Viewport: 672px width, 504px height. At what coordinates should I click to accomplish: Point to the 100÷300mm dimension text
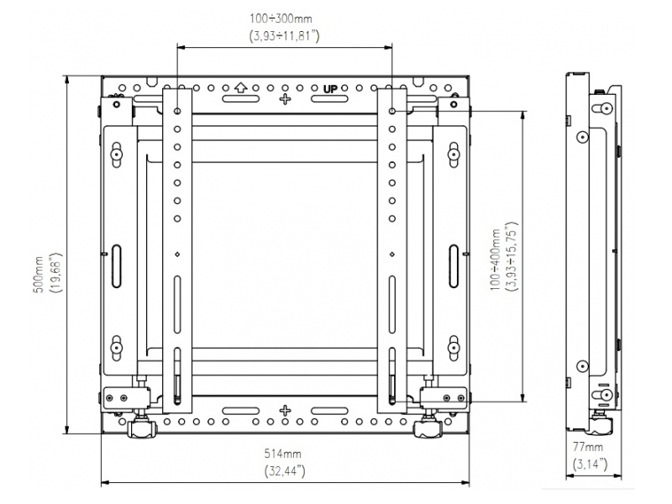[286, 17]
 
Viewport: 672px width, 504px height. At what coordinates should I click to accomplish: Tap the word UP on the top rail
[330, 87]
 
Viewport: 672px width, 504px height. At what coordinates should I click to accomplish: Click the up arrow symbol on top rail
[240, 87]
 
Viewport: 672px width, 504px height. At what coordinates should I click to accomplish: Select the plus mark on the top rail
[286, 99]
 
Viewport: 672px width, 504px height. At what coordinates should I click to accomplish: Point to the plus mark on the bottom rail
[286, 411]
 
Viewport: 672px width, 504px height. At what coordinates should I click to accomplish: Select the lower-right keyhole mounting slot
[454, 345]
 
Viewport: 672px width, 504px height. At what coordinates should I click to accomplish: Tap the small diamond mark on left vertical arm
[177, 254]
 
